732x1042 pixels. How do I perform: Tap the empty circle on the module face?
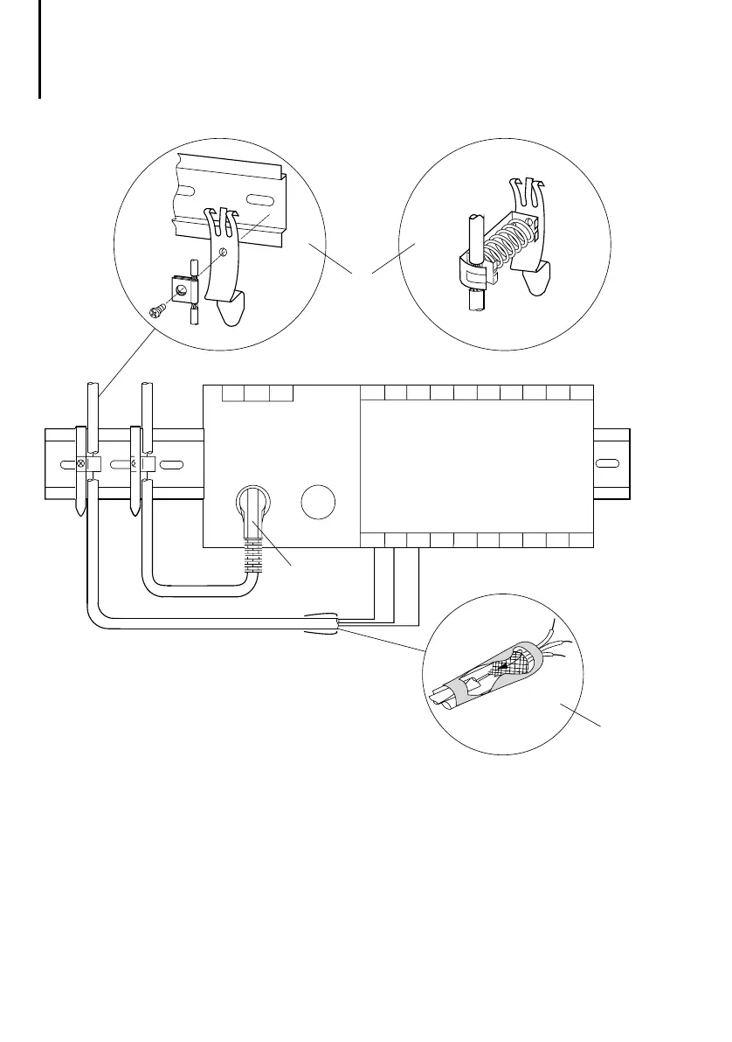click(317, 504)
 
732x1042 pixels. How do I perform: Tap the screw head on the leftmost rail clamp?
click(82, 462)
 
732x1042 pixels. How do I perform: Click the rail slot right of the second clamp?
click(172, 462)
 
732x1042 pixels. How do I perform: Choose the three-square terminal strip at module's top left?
click(257, 392)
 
